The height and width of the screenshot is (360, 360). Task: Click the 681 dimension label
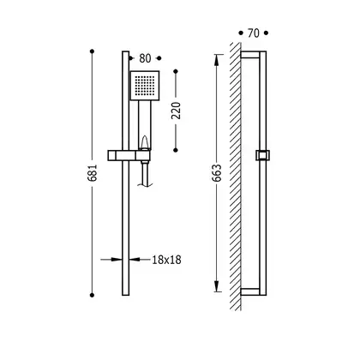pyautogui.click(x=93, y=173)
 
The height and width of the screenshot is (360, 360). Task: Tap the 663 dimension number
pyautogui.click(x=217, y=173)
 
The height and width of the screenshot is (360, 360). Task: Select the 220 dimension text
pyautogui.click(x=176, y=111)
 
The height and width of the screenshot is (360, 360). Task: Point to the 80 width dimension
pyautogui.click(x=145, y=58)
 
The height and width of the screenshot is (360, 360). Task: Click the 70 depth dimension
pyautogui.click(x=254, y=33)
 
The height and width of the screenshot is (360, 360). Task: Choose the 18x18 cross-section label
pyautogui.click(x=166, y=260)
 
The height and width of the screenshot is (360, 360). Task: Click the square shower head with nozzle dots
pyautogui.click(x=145, y=86)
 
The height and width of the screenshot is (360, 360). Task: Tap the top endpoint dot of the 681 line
pyautogui.click(x=92, y=51)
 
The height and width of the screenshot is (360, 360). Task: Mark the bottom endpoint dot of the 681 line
pyautogui.click(x=92, y=295)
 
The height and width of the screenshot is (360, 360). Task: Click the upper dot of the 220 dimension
pyautogui.click(x=176, y=71)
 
